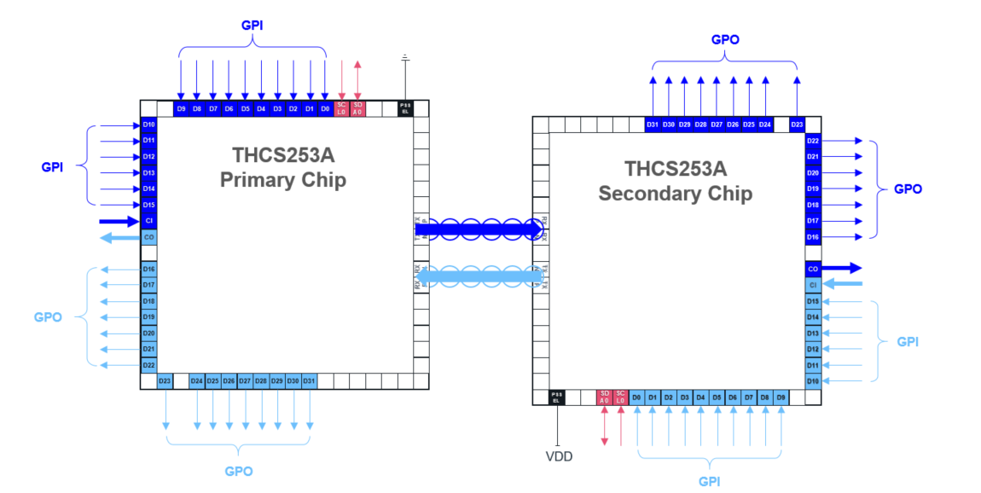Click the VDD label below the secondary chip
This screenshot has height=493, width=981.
pyautogui.click(x=559, y=456)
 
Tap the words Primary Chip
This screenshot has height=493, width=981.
pyautogui.click(x=283, y=180)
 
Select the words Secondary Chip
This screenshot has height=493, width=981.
pyautogui.click(x=675, y=194)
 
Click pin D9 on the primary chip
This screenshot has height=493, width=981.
pyautogui.click(x=181, y=108)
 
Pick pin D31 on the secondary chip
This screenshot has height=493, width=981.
pyautogui.click(x=653, y=125)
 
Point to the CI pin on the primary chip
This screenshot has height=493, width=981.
pyautogui.click(x=148, y=221)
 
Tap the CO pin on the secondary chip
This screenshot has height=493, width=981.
pyautogui.click(x=813, y=269)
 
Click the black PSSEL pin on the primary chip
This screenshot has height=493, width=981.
pyautogui.click(x=405, y=108)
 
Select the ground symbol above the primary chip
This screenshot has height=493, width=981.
pyautogui.click(x=405, y=58)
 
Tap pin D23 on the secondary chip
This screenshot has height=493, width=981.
pyautogui.click(x=797, y=125)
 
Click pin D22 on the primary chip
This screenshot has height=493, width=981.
pyautogui.click(x=148, y=365)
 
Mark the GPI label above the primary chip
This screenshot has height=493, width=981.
pyautogui.click(x=252, y=26)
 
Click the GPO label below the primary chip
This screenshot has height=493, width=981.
pyautogui.click(x=238, y=471)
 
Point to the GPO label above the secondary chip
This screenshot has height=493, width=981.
pyautogui.click(x=725, y=39)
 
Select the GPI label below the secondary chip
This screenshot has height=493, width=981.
pyautogui.click(x=709, y=481)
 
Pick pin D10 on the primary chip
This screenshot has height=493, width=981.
pyautogui.click(x=148, y=125)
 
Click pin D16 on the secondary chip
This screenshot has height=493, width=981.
pyautogui.click(x=813, y=236)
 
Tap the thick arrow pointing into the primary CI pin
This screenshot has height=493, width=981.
pyautogui.click(x=119, y=221)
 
